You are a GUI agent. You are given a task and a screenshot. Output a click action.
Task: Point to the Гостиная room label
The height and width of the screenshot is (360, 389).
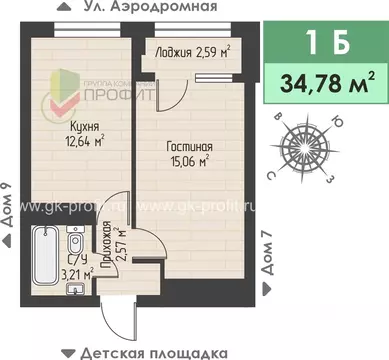click(x=189, y=146)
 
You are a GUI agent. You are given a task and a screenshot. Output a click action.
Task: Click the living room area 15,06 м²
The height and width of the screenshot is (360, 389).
click(x=187, y=159)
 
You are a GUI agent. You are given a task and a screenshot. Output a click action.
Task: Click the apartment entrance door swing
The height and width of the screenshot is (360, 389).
click(x=118, y=318)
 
